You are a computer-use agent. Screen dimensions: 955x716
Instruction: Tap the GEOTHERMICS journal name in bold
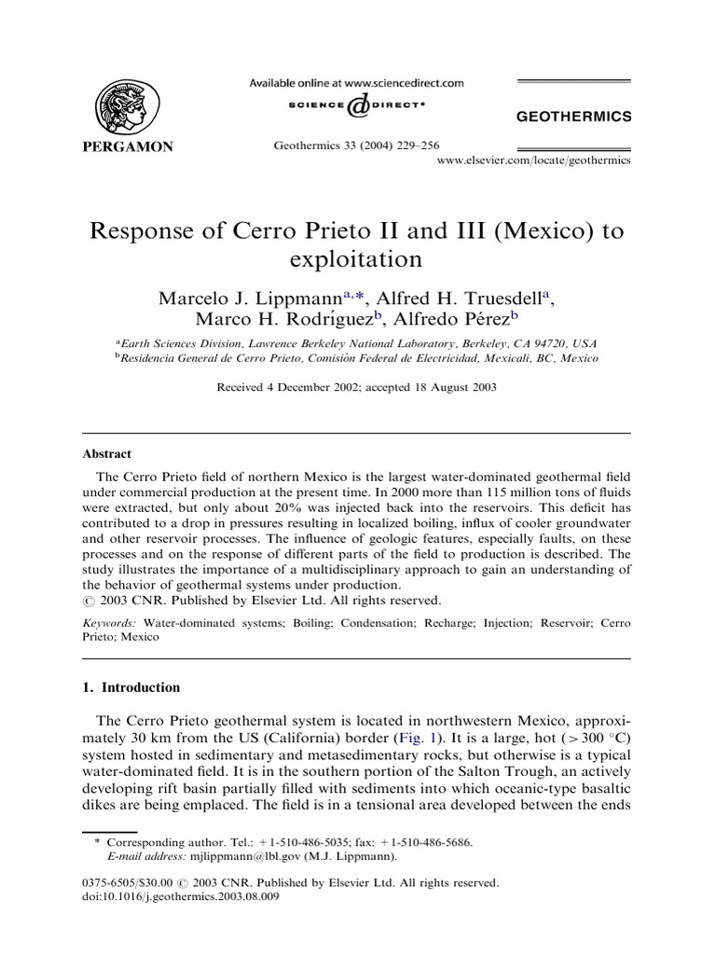(573, 117)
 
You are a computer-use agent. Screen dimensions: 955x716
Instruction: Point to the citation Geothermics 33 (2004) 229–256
(357, 145)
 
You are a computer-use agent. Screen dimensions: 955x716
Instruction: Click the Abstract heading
(108, 454)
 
